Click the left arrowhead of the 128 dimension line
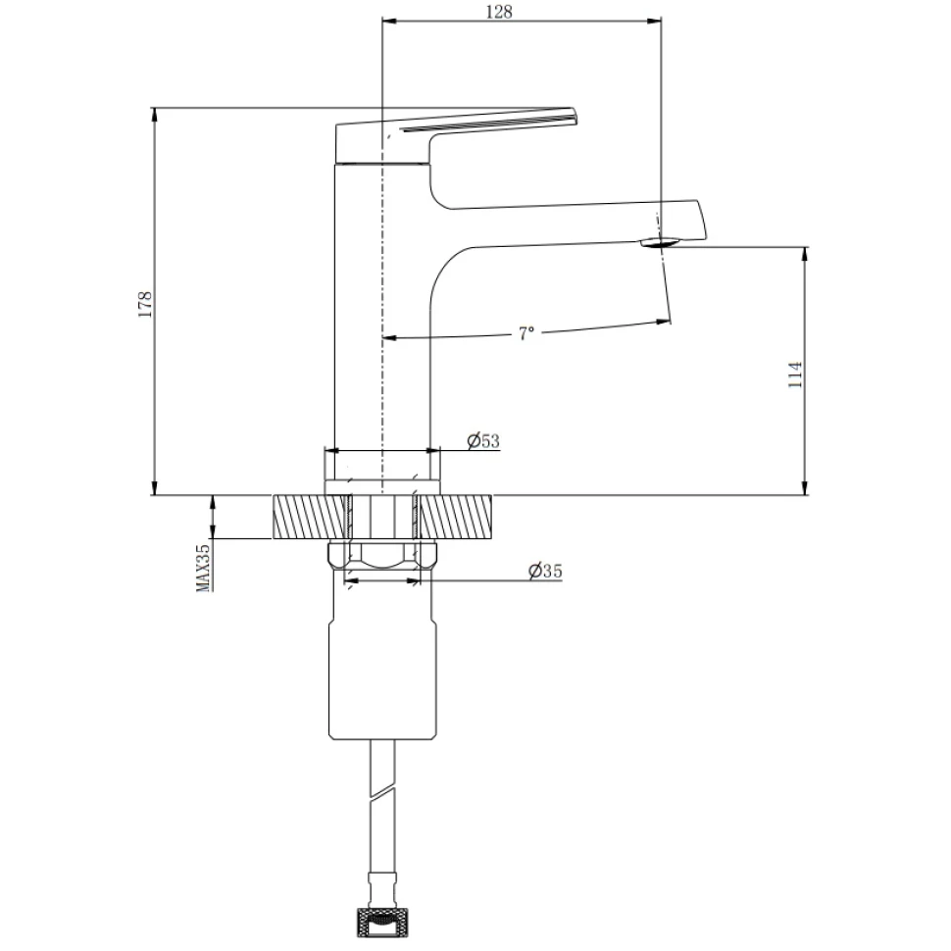point(389,22)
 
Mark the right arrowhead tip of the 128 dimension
point(661,22)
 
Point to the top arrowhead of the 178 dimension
point(155,115)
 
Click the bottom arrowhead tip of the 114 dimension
point(805,495)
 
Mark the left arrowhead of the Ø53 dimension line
point(331,451)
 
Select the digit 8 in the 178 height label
point(145,297)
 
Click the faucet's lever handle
point(456,137)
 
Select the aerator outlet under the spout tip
point(658,242)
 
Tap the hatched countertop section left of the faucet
point(312,517)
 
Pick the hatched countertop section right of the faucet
point(455,517)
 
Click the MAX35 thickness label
point(203,567)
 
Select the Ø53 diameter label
point(483,441)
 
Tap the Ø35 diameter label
point(545,571)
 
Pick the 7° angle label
point(526,333)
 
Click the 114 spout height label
point(795,375)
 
